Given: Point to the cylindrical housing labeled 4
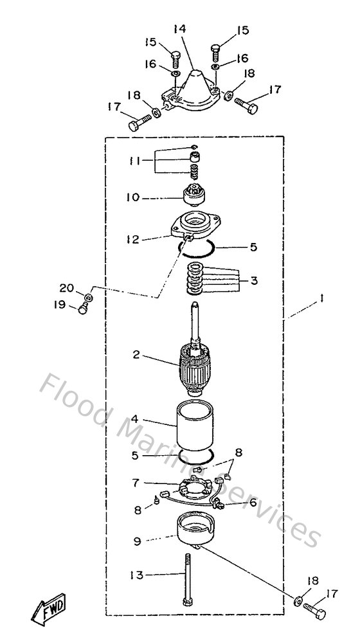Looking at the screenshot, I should tap(194, 424).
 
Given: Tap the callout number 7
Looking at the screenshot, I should tap(134, 481).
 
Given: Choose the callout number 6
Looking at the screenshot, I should tap(253, 503).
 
